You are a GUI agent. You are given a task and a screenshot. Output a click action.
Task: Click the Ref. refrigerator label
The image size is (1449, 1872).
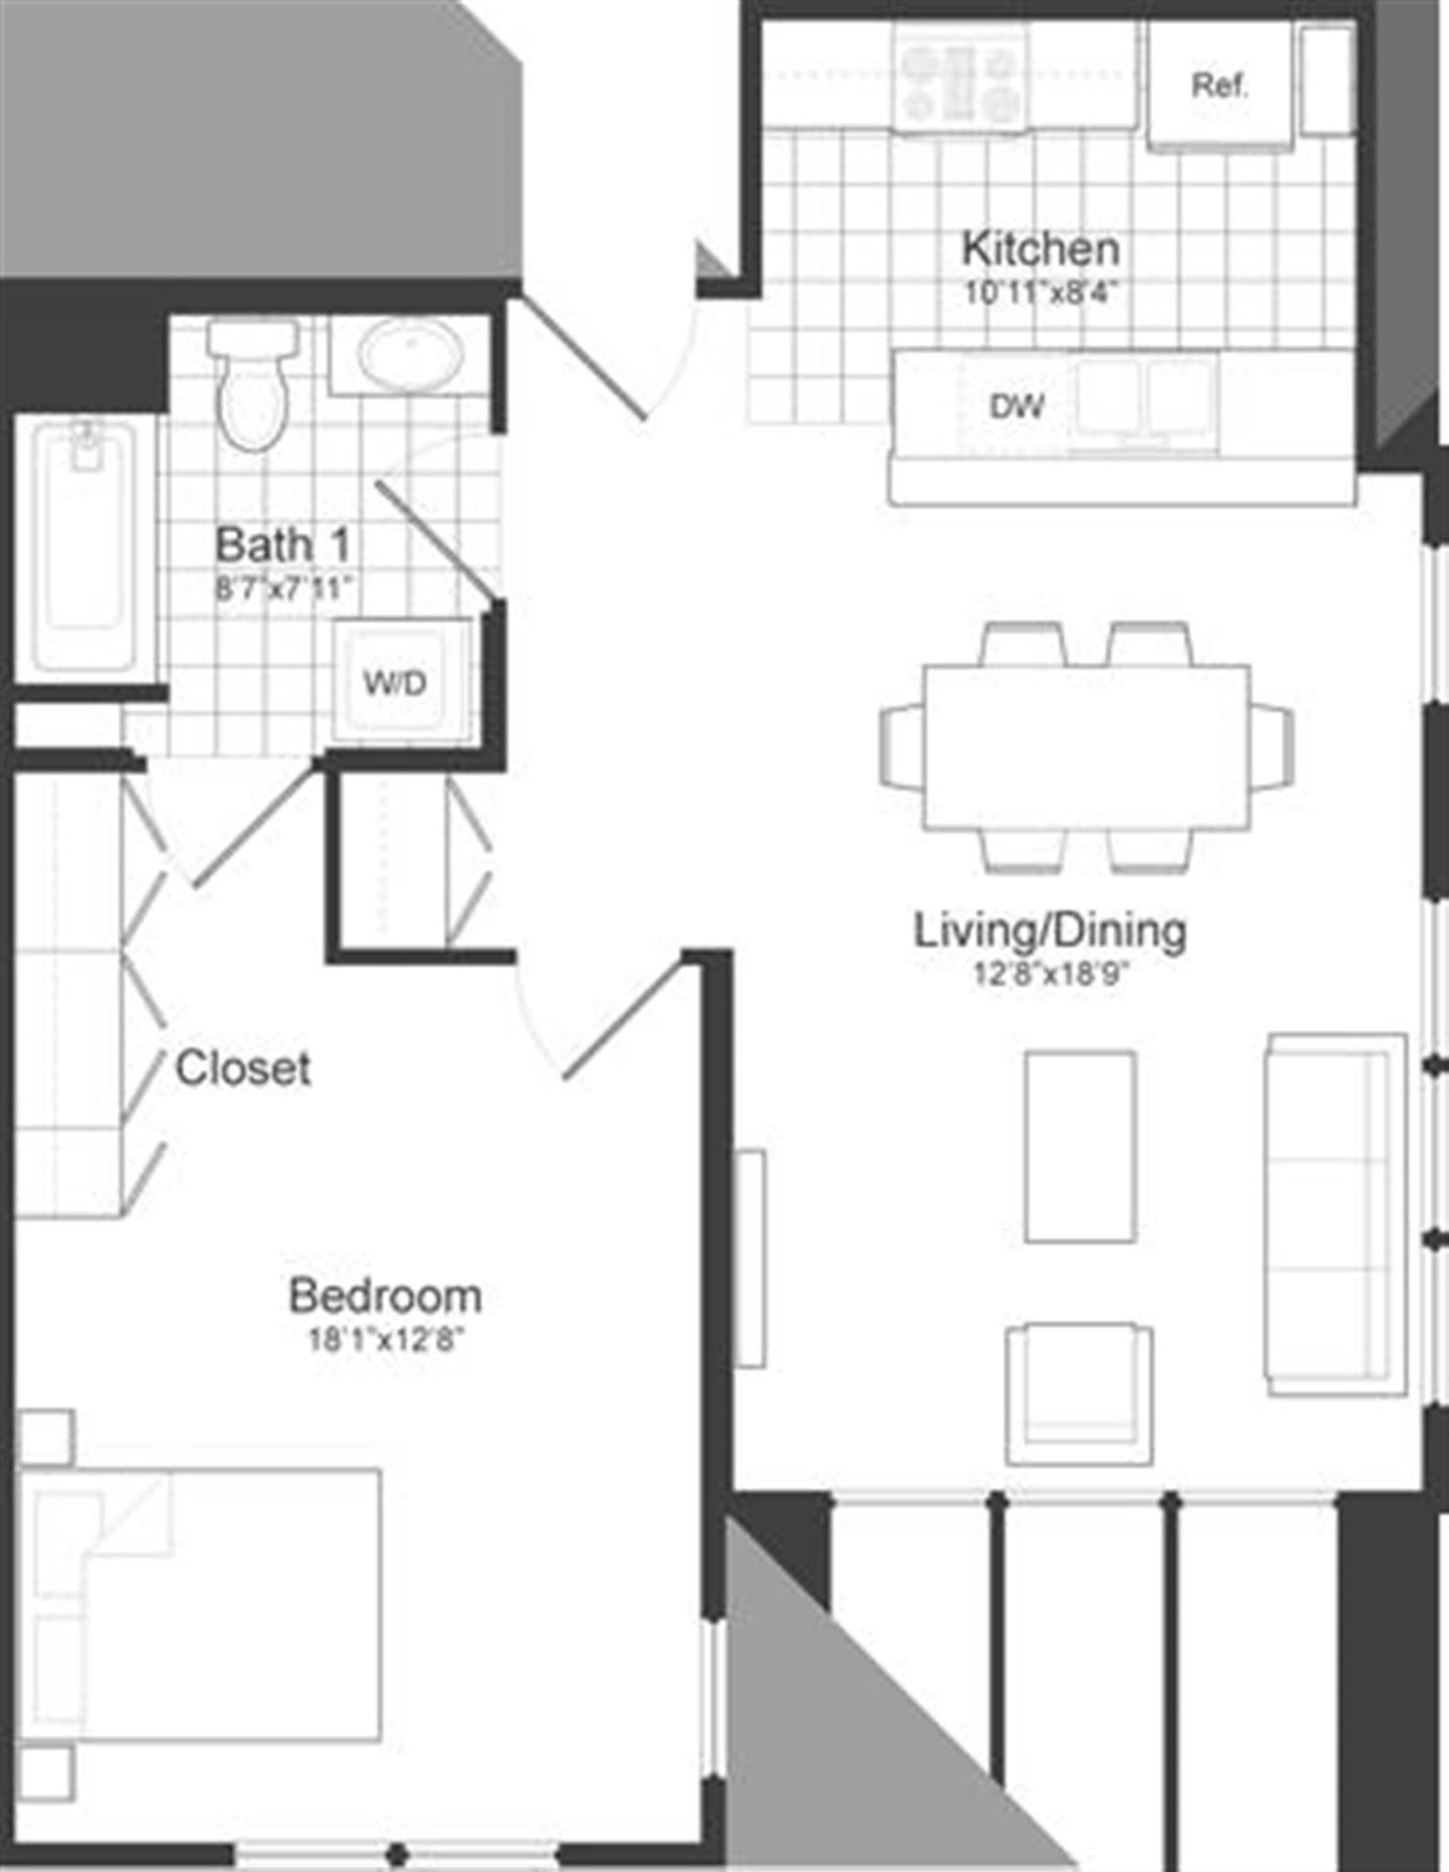point(1220,86)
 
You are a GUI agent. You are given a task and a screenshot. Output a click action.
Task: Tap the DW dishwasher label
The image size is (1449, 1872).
point(1017,406)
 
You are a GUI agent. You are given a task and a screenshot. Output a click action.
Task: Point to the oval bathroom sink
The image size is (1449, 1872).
point(409,354)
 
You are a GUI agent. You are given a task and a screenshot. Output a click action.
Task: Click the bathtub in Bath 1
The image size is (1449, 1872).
point(84,545)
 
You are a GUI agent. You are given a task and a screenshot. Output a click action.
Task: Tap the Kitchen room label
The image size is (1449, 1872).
point(1040,249)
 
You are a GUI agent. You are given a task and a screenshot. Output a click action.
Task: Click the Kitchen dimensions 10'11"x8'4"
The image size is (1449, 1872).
point(1040,292)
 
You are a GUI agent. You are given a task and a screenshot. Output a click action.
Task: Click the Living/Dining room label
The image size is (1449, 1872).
point(1050,931)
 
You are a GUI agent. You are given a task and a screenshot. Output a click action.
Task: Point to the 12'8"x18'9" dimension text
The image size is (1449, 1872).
point(1050,974)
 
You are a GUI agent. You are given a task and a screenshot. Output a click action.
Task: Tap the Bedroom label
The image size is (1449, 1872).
point(385,1295)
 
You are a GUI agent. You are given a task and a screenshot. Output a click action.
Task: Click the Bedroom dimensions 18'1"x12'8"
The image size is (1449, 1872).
point(385,1340)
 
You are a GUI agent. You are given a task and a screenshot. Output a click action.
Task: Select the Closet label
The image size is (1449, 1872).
point(242,1068)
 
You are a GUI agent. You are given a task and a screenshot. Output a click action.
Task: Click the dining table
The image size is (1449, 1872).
point(1086,748)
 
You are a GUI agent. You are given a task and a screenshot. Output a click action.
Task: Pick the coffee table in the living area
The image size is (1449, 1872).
point(1080,1146)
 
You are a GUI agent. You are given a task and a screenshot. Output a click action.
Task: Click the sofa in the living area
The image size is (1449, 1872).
point(1335,1215)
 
